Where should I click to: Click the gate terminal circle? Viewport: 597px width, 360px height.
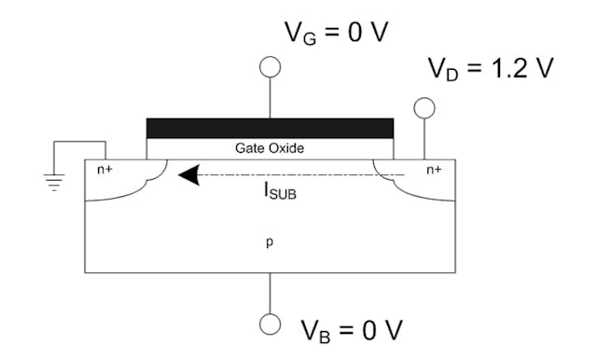click(x=271, y=66)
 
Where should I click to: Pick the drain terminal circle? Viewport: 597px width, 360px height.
click(x=425, y=108)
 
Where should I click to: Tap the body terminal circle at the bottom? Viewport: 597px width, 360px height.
click(x=271, y=323)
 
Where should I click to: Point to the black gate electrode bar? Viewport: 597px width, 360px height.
click(x=271, y=128)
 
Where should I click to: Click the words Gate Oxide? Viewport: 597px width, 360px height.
click(x=271, y=148)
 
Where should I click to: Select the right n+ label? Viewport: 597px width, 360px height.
click(x=435, y=171)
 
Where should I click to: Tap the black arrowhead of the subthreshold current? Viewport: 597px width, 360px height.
click(x=190, y=174)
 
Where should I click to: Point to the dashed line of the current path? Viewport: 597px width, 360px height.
click(x=298, y=174)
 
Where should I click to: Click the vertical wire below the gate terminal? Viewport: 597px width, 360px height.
click(x=271, y=97)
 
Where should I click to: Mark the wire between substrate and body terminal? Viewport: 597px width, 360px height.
click(x=271, y=293)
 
